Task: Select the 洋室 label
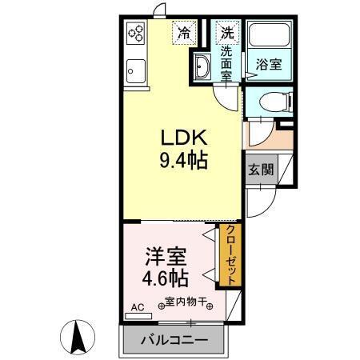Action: tap(166, 258)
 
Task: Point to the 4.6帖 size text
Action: tap(166, 279)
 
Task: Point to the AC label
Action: tap(136, 306)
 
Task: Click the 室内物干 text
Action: tap(186, 302)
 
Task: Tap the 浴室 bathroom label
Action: tap(268, 63)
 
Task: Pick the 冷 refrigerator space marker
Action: tap(184, 33)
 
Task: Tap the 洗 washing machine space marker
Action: tap(227, 33)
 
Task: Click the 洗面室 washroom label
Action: tap(227, 60)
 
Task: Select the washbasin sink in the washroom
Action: tap(202, 69)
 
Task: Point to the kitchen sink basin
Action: tap(134, 70)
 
